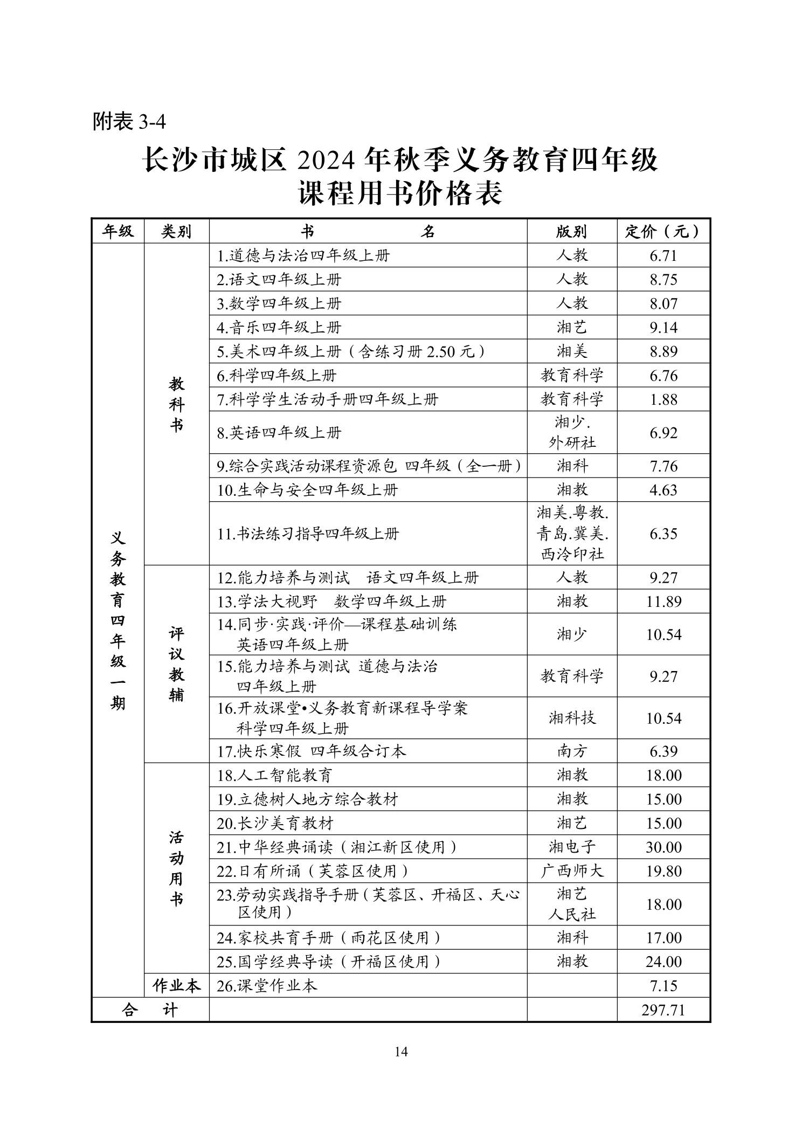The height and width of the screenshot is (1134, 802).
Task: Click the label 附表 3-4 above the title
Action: (x=129, y=121)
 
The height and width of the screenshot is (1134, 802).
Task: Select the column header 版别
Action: (x=571, y=232)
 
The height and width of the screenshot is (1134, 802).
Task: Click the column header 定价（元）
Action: (x=663, y=232)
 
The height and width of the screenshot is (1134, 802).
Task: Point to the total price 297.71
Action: (x=663, y=1009)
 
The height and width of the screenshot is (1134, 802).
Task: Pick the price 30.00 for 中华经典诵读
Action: (x=663, y=847)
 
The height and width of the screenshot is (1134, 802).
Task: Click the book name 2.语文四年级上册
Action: (x=279, y=280)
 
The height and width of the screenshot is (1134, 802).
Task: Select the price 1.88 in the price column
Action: (x=663, y=399)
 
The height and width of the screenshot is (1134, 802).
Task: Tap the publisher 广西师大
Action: (x=571, y=871)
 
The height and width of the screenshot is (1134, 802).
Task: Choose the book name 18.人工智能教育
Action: (x=275, y=776)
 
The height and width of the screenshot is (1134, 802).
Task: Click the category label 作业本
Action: (x=176, y=986)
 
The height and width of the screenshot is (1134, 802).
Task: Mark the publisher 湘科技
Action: (x=571, y=718)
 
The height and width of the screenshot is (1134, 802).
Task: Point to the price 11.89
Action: (x=663, y=601)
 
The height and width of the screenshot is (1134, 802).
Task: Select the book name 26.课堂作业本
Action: (x=267, y=986)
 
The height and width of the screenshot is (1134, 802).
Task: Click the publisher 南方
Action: (x=571, y=751)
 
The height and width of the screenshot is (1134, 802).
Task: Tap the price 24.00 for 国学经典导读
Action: (x=663, y=962)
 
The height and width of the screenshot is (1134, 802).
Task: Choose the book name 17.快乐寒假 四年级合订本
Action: (x=312, y=751)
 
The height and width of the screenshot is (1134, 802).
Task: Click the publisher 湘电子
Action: (x=571, y=847)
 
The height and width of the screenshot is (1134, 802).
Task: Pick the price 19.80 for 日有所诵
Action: (x=663, y=871)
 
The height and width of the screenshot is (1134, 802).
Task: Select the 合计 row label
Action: (x=150, y=1009)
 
